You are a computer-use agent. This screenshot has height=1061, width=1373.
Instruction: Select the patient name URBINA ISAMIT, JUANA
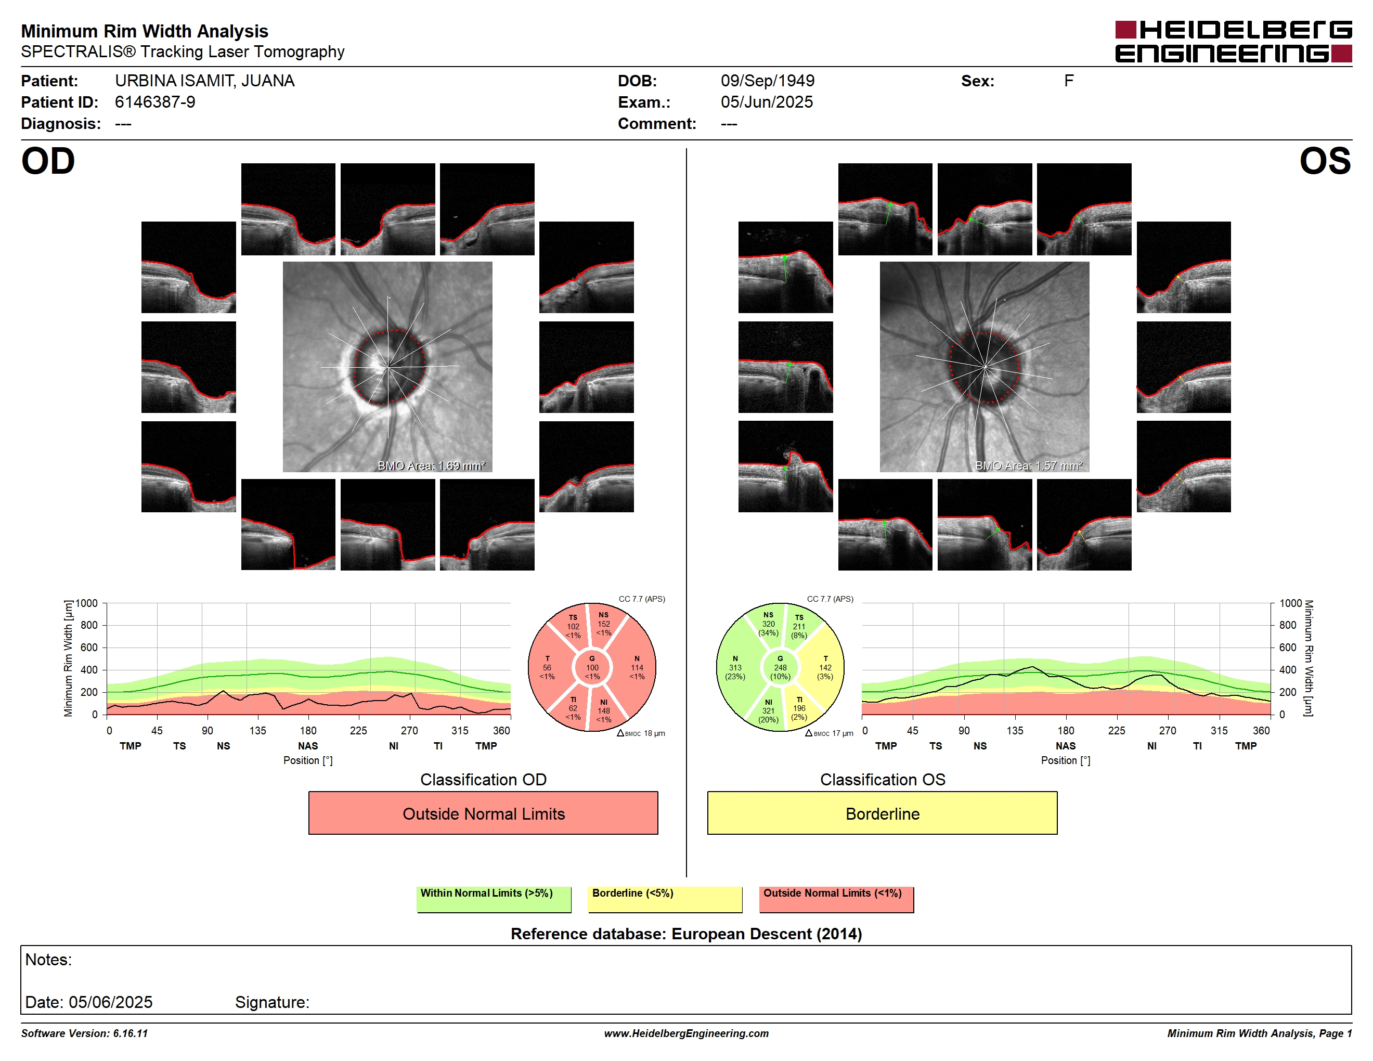coord(204,81)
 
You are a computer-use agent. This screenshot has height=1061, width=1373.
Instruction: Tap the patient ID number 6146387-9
coord(154,102)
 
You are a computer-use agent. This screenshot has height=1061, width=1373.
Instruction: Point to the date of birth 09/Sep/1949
coord(767,81)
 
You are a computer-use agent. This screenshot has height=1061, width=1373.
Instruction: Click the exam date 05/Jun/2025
coord(767,102)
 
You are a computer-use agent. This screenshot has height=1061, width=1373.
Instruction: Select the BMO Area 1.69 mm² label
coord(431,466)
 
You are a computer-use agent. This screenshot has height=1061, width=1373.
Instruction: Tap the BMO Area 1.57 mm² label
coord(1029,466)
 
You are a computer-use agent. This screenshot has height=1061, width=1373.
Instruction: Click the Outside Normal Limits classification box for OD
coord(483,813)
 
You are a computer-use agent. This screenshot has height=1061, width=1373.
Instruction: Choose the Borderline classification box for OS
coord(882,813)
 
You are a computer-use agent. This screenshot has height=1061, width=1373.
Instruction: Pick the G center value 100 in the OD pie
coord(592,667)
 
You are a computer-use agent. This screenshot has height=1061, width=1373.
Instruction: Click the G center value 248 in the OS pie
coord(780,667)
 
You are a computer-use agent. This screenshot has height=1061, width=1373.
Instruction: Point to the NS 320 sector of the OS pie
coord(768,624)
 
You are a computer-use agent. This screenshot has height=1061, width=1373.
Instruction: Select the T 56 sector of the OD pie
coord(548,667)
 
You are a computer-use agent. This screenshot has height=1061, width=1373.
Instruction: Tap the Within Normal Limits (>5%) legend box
coord(494,899)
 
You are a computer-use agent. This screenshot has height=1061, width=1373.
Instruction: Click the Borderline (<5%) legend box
coord(665,899)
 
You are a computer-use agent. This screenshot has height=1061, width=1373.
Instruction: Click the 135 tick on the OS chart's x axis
coord(1015,730)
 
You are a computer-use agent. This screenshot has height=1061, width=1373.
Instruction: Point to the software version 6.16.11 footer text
coord(84,1033)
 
